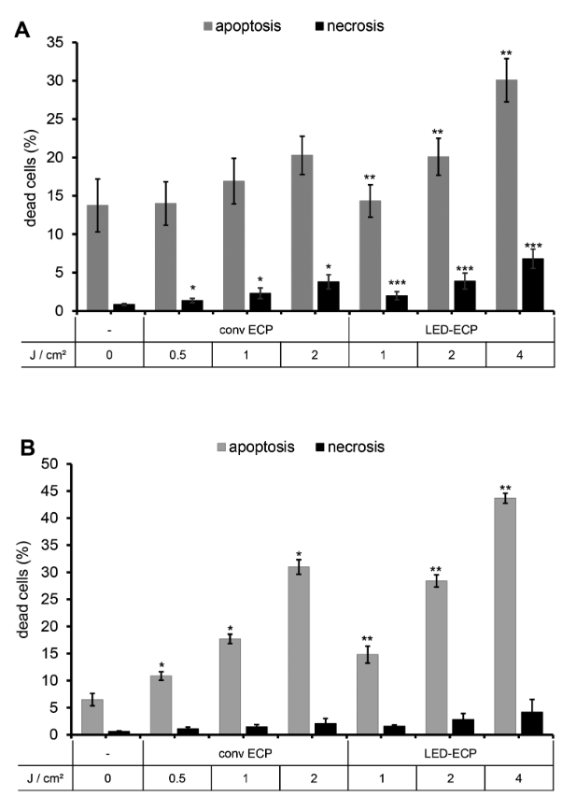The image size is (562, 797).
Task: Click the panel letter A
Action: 21,32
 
